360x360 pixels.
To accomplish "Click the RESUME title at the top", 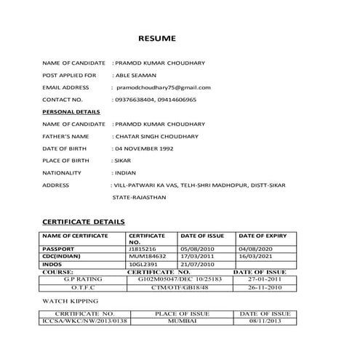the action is [x=157, y=38].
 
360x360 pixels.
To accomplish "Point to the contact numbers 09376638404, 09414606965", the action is [x=156, y=100].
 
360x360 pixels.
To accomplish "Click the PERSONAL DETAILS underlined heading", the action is [x=71, y=112].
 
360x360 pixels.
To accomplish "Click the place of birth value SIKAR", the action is [x=122, y=161].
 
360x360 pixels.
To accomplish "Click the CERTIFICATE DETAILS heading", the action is [x=83, y=221].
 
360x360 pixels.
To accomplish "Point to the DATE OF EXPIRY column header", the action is [x=264, y=236].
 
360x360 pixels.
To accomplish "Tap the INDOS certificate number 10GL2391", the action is [x=142, y=264].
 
